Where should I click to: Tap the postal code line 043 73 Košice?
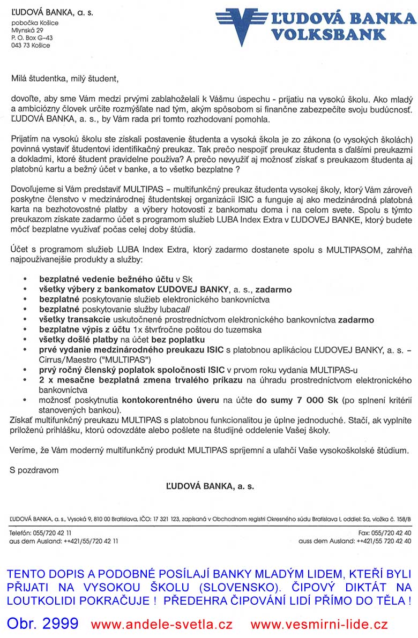click(x=31, y=46)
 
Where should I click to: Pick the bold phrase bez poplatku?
click(x=177, y=340)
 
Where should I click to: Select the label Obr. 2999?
click(x=43, y=624)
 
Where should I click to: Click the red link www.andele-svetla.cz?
click(x=161, y=624)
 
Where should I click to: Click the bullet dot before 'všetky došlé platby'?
click(x=25, y=340)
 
